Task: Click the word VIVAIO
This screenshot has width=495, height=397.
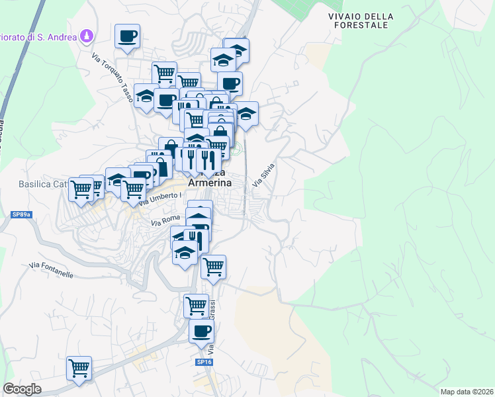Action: coord(343,17)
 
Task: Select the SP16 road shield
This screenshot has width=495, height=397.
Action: coord(204,362)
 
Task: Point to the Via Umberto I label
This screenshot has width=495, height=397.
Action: coord(157,198)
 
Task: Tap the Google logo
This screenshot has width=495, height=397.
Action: coord(22,389)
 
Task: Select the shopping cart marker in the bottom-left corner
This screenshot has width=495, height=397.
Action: coord(79,368)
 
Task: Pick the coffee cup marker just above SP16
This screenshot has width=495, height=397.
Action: coord(201,332)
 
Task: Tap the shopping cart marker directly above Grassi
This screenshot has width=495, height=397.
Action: coord(196,306)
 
